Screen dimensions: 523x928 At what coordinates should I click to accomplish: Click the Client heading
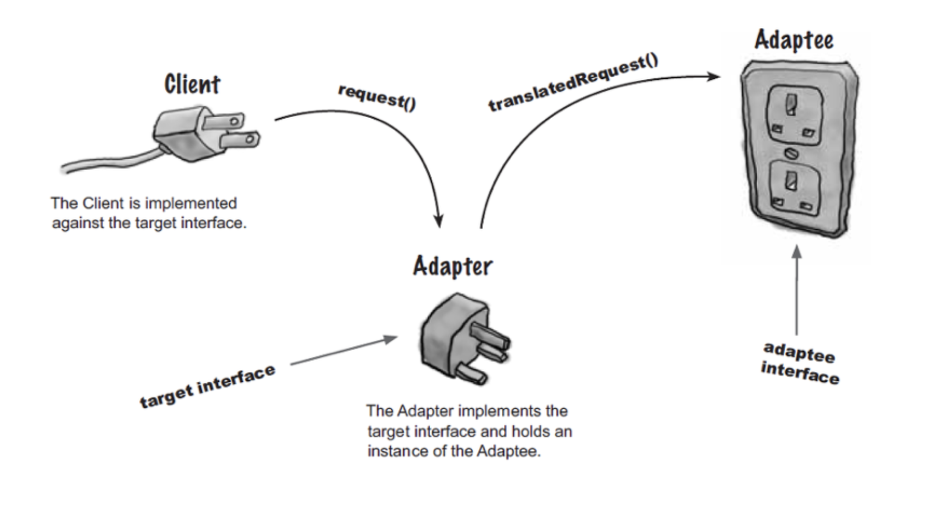(x=192, y=85)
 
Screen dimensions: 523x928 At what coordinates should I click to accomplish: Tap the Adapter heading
(x=453, y=266)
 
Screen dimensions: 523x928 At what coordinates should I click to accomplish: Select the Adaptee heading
(x=793, y=40)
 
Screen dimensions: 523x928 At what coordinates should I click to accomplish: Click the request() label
(x=377, y=97)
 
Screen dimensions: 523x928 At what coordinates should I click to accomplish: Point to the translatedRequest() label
(x=573, y=83)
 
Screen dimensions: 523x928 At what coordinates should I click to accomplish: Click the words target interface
(x=207, y=386)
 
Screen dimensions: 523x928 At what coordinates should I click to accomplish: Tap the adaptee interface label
(x=799, y=363)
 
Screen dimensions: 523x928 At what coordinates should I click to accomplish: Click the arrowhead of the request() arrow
(x=438, y=222)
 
